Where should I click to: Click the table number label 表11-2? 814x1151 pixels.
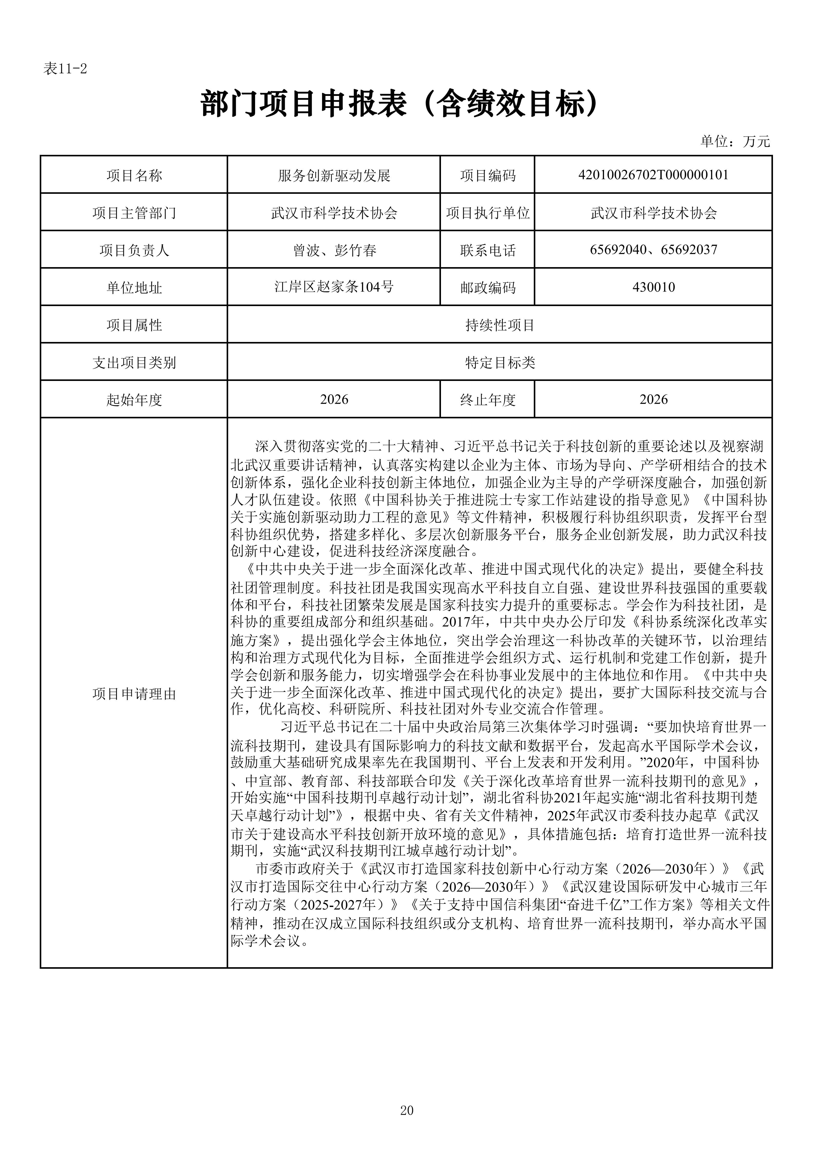pos(65,69)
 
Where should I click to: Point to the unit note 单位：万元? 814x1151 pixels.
pos(734,142)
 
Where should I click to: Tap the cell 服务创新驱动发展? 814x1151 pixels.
pos(334,175)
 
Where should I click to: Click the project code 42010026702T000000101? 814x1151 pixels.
pos(653,175)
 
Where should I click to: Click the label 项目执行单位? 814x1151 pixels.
pos(488,213)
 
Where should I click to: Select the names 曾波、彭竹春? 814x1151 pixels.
pos(334,250)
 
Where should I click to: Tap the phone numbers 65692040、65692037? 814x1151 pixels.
pos(653,250)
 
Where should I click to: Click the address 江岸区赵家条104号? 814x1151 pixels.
pos(334,287)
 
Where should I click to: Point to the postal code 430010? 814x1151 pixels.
pos(653,287)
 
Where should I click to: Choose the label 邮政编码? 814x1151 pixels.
pos(488,288)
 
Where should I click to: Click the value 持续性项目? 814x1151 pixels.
pos(500,325)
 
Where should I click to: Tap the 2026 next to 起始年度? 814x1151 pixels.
pos(334,400)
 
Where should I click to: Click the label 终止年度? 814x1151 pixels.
pos(488,400)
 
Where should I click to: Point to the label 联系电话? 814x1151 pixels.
pos(488,250)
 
